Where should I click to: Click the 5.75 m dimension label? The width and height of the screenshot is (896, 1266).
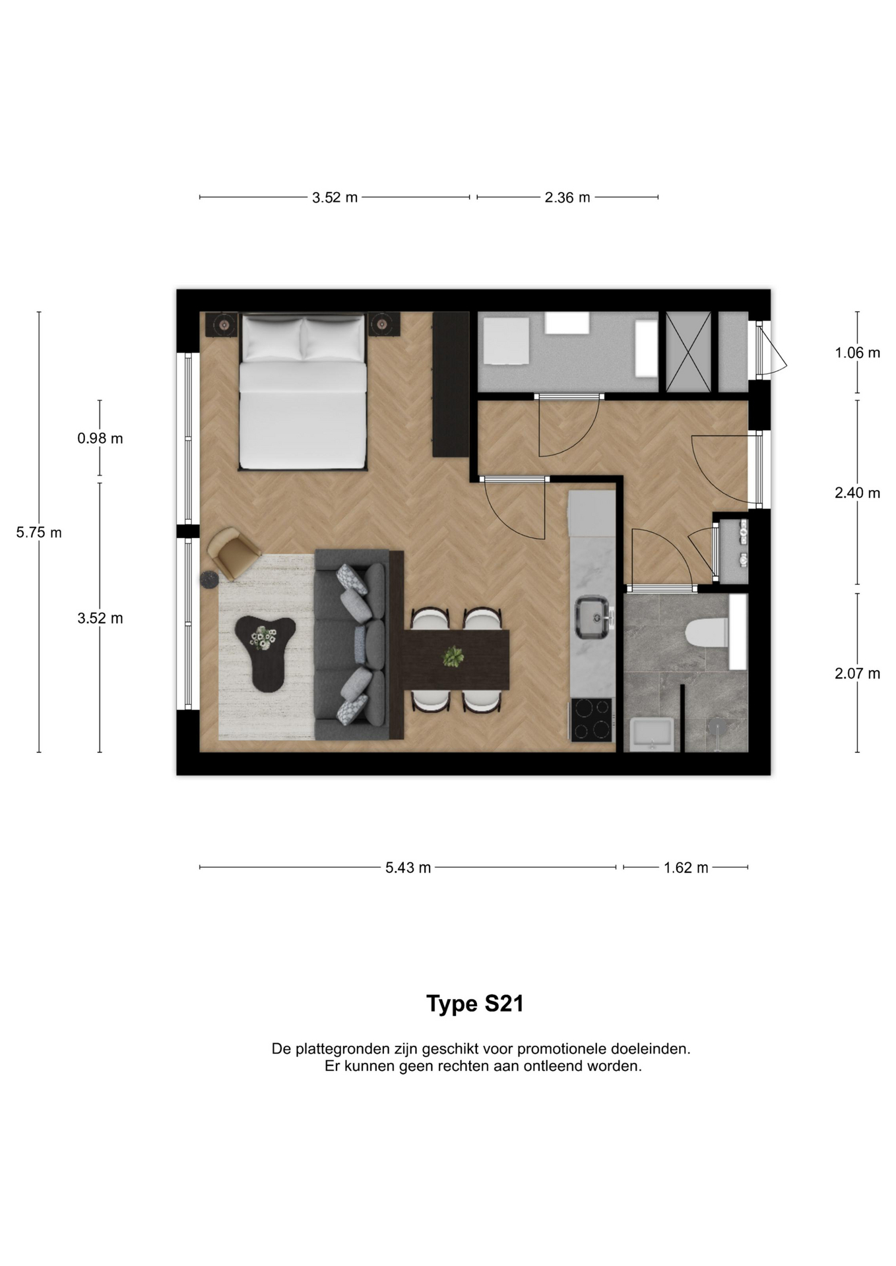[39, 533]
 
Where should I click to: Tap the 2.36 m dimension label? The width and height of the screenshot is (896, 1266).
[567, 198]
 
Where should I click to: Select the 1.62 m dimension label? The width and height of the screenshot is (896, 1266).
[686, 868]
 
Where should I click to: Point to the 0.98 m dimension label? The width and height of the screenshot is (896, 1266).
[100, 438]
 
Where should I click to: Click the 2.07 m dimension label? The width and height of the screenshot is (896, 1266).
[857, 674]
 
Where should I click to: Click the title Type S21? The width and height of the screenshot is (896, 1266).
[475, 1004]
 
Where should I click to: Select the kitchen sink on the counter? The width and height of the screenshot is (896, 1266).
[592, 617]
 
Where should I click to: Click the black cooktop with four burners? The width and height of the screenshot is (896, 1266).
[592, 719]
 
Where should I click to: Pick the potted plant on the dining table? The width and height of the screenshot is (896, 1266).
[453, 657]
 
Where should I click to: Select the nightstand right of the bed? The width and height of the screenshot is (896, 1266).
[383, 324]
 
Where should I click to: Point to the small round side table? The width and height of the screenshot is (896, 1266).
[210, 579]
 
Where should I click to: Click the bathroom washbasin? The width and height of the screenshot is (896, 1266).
[652, 734]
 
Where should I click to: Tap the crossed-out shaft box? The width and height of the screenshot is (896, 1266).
[689, 352]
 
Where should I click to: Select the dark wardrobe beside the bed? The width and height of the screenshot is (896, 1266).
[450, 384]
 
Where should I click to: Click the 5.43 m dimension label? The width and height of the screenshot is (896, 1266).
[408, 868]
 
